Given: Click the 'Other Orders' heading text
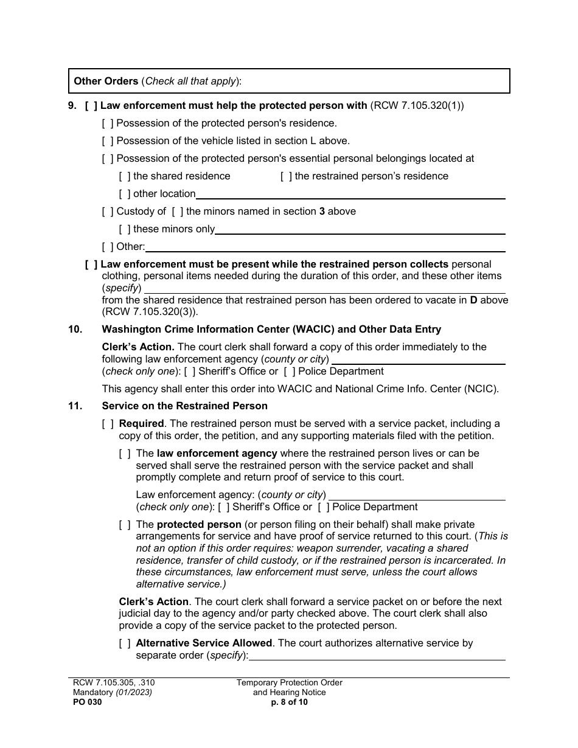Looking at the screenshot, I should (x=106, y=81).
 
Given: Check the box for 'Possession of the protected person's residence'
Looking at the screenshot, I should (x=108, y=123).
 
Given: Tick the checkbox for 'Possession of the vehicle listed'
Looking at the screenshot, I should (x=108, y=141).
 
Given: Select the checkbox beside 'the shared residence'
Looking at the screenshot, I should (x=125, y=176).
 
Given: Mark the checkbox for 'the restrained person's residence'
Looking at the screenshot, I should (x=286, y=176).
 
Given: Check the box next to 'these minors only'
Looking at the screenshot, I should (x=125, y=229).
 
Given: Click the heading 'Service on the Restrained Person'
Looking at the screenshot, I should (x=184, y=406).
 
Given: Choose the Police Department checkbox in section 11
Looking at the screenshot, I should (x=324, y=507).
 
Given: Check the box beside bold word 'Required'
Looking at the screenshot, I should (x=108, y=424).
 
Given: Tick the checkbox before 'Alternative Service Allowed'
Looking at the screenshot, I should (x=125, y=643).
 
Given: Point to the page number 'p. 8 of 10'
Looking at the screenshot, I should (x=290, y=702).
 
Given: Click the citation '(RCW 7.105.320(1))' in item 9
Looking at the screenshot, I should (x=417, y=106).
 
